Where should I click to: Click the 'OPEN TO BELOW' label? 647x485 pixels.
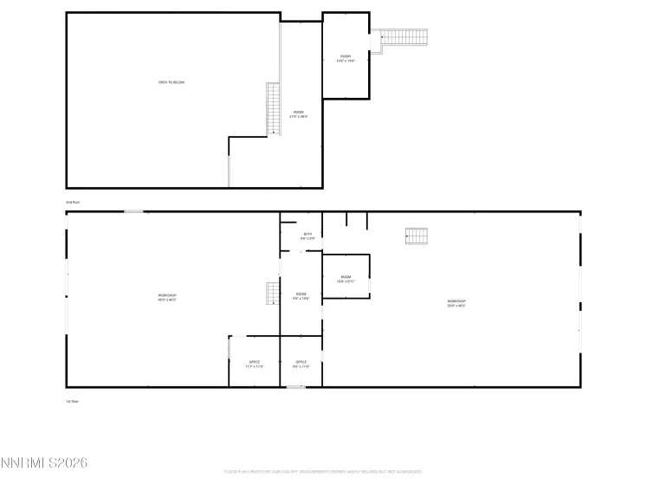click(x=171, y=82)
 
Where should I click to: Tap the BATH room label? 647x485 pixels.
click(x=307, y=236)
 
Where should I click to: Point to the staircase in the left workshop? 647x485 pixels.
click(x=272, y=294)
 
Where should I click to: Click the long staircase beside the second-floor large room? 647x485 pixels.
click(x=274, y=108)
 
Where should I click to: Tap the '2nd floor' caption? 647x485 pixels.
click(x=73, y=203)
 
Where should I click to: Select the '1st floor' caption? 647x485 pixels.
click(x=73, y=402)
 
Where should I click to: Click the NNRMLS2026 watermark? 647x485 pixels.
click(x=44, y=464)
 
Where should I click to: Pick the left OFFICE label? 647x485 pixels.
click(x=255, y=364)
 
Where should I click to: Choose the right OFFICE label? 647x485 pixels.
click(x=301, y=364)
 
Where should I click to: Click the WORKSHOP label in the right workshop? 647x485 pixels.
click(x=456, y=303)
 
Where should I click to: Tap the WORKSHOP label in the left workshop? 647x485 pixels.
click(x=168, y=297)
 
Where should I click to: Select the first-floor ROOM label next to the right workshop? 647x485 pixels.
click(x=346, y=280)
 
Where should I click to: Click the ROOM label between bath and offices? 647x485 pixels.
click(x=301, y=296)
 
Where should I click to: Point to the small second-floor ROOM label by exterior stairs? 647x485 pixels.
click(x=346, y=59)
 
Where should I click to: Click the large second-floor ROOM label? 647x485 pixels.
click(x=298, y=113)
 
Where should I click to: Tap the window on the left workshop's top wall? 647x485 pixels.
click(x=133, y=211)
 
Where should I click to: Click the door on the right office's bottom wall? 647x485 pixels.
click(x=295, y=387)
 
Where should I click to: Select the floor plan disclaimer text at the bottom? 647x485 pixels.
click(x=323, y=472)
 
